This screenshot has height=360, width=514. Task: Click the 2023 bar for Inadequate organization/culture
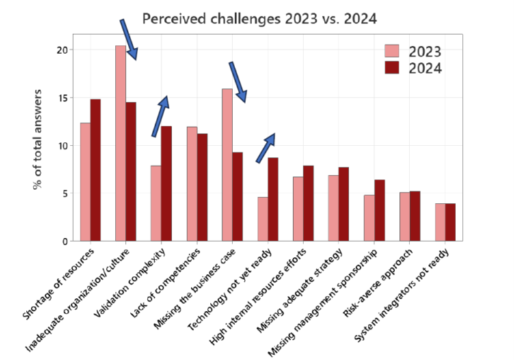120,143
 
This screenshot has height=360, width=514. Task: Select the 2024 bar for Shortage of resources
95,170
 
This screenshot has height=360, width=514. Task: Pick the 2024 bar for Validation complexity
166,184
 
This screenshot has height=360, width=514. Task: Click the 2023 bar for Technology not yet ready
262,219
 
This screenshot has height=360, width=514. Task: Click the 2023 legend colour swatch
392,51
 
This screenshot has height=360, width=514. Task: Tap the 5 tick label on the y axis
65,193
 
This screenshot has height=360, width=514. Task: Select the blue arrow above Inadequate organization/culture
128,40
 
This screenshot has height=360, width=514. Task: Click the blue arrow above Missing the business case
237,82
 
